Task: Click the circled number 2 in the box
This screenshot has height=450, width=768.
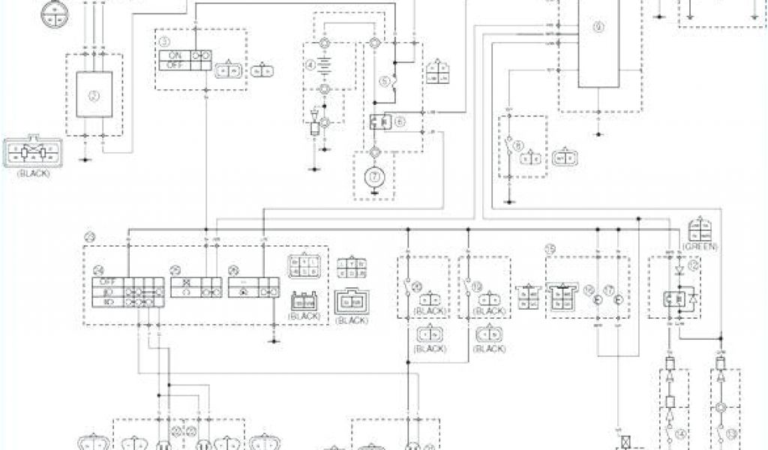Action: pyautogui.click(x=94, y=94)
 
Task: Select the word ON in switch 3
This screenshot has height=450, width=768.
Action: pyautogui.click(x=175, y=55)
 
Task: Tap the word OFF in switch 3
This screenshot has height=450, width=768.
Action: pyautogui.click(x=175, y=65)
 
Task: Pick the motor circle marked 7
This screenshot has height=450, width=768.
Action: pyautogui.click(x=373, y=177)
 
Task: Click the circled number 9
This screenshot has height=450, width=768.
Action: pyautogui.click(x=598, y=27)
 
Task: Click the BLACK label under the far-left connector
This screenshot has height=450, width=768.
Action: pyautogui.click(x=31, y=173)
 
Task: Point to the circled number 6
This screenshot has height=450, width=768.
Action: pyautogui.click(x=400, y=120)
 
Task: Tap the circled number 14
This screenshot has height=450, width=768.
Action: pyautogui.click(x=681, y=433)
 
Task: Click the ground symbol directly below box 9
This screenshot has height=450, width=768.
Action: pyautogui.click(x=598, y=132)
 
